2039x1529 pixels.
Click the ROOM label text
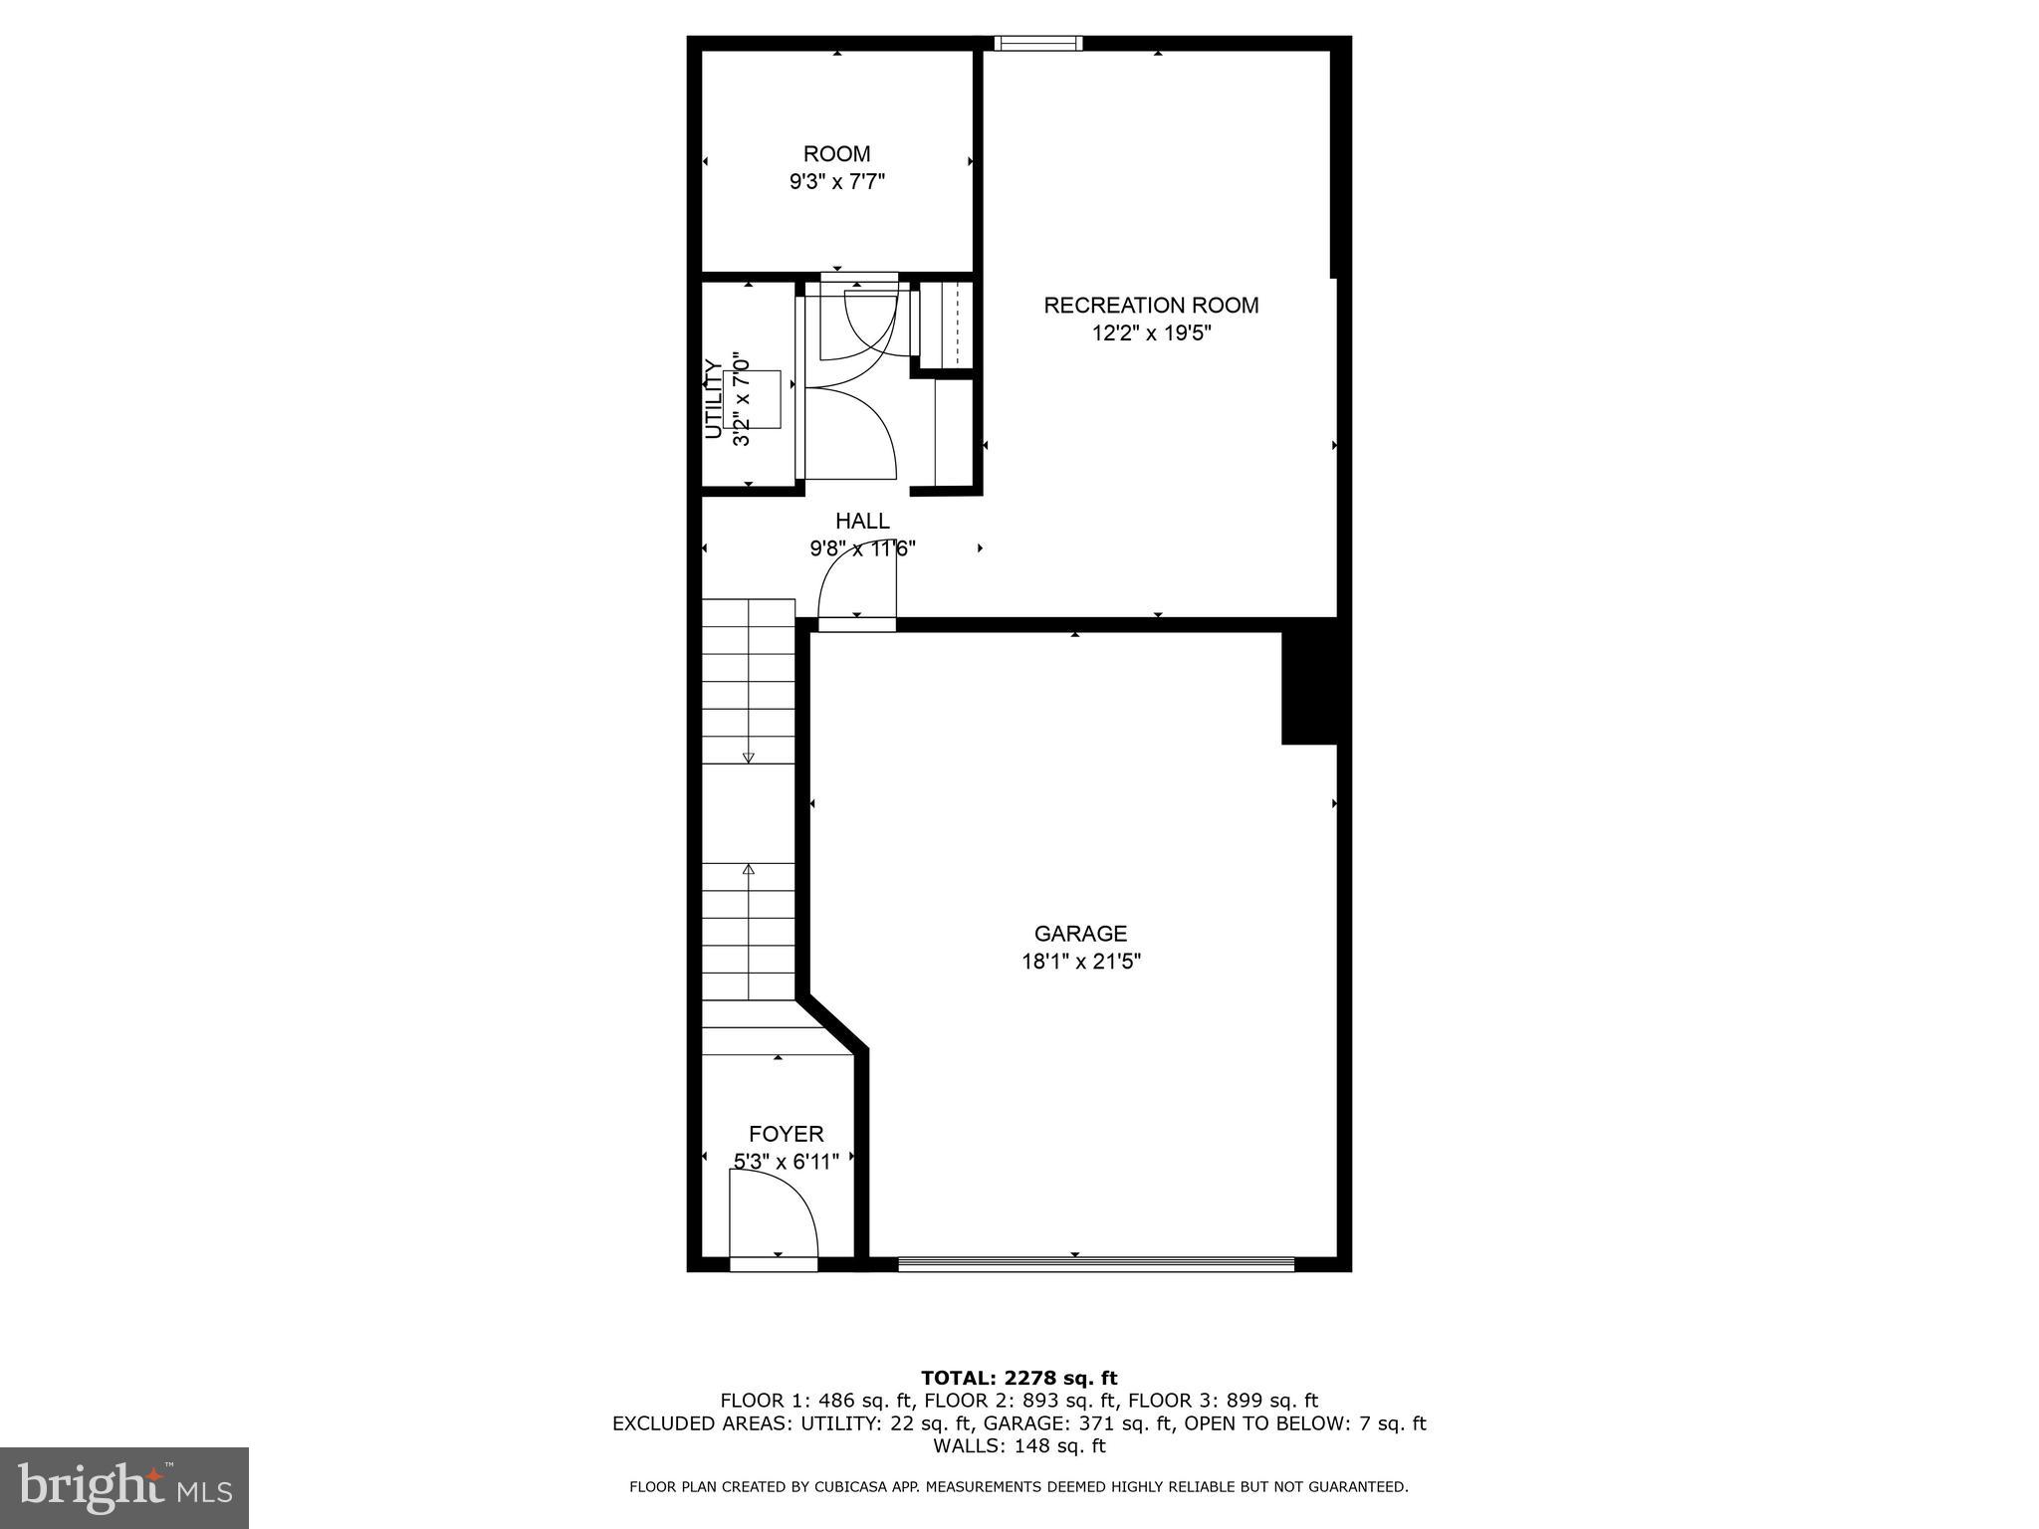click(836, 154)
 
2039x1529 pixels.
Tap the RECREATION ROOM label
click(1151, 306)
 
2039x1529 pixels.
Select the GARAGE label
click(1080, 934)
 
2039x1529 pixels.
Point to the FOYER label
click(786, 1134)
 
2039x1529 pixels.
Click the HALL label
click(862, 521)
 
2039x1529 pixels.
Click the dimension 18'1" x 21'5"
click(1080, 962)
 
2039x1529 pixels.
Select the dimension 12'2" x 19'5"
click(1151, 333)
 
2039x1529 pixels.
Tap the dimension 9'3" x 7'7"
click(836, 182)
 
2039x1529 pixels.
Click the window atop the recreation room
click(1037, 43)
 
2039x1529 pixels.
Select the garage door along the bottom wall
click(1095, 1264)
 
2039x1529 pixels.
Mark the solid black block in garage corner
click(1308, 687)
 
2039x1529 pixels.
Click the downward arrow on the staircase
click(749, 757)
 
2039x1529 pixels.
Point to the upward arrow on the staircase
click(749, 870)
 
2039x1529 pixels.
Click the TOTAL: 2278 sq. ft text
click(1019, 1378)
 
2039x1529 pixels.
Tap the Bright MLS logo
click(124, 1487)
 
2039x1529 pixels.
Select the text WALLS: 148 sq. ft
click(1019, 1445)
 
